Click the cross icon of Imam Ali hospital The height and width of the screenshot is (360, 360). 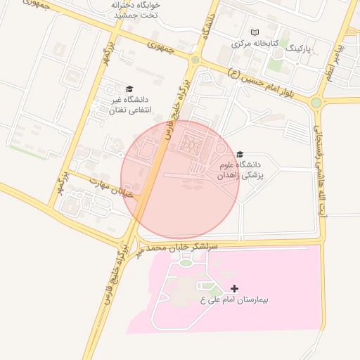[x=234, y=288]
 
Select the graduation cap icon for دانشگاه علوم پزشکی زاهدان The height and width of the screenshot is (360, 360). [x=240, y=154]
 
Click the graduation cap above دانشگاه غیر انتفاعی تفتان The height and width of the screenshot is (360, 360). [x=129, y=89]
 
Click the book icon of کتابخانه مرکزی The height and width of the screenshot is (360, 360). [x=255, y=32]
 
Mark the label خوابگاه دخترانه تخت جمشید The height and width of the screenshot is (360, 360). [x=136, y=8]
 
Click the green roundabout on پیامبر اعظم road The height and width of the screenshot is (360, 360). [x=316, y=103]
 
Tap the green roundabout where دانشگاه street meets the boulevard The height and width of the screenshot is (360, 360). [x=195, y=60]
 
